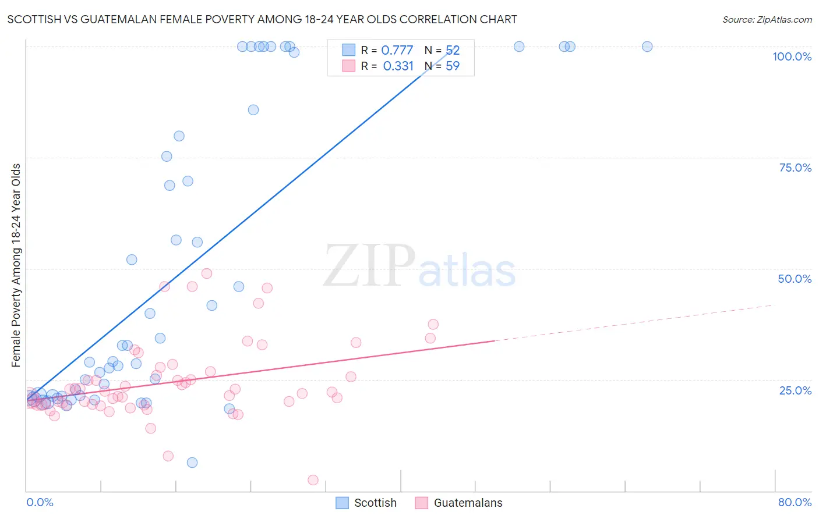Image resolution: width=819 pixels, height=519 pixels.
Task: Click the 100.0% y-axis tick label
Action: pyautogui.click(x=792, y=56)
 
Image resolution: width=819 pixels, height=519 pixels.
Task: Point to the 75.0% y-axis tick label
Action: pyautogui.click(x=795, y=168)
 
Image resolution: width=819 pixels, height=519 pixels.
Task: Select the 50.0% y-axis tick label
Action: pyautogui.click(x=795, y=279)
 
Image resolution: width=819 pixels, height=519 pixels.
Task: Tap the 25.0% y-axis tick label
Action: pyautogui.click(x=795, y=390)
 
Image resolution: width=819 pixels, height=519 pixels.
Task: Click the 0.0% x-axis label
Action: pyautogui.click(x=40, y=502)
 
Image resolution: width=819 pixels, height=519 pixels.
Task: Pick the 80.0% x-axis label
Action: pyautogui.click(x=795, y=502)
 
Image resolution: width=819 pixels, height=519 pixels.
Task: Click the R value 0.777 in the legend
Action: pyautogui.click(x=397, y=51)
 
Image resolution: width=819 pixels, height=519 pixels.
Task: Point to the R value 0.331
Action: pyautogui.click(x=398, y=66)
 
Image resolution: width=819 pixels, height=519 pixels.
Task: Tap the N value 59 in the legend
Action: pyautogui.click(x=453, y=66)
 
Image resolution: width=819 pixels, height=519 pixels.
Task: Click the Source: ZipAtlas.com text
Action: pyautogui.click(x=767, y=20)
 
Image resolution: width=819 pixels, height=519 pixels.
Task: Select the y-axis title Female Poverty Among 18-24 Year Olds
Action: pyautogui.click(x=16, y=265)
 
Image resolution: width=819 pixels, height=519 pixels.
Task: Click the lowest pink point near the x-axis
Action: pyautogui.click(x=313, y=480)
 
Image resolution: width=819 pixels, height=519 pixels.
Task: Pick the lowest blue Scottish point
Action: pyautogui.click(x=192, y=463)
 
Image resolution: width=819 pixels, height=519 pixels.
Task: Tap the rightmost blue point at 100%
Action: pyautogui.click(x=647, y=47)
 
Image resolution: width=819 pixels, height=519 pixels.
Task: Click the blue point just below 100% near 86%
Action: pyautogui.click(x=253, y=110)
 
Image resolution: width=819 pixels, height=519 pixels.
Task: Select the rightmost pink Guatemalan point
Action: pyautogui.click(x=433, y=325)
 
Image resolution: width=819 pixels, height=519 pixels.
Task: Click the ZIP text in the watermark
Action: pyautogui.click(x=369, y=266)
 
